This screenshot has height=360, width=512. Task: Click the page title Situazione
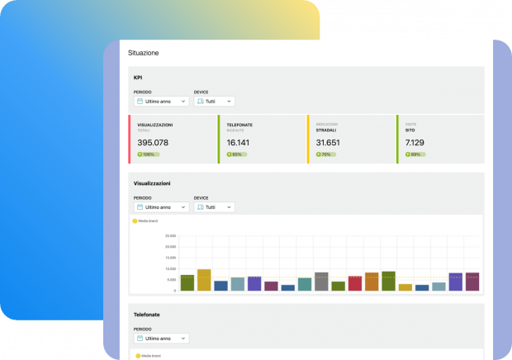coord(143,53)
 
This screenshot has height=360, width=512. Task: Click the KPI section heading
coord(139,78)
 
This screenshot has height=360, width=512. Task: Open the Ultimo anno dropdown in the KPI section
coord(161,102)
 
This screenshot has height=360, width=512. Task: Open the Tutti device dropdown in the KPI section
coord(214,102)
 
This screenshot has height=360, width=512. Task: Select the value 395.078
coord(153,142)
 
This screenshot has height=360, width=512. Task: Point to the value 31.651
coord(328,142)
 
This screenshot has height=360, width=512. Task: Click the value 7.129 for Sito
coord(415,142)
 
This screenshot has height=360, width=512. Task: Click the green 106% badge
coord(147,154)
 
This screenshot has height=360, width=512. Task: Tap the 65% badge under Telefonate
coord(235,154)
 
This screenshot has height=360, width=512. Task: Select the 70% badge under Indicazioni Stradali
coord(325,154)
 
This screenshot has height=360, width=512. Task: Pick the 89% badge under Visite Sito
coord(414,154)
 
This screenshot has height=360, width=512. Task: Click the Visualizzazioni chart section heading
coord(152,182)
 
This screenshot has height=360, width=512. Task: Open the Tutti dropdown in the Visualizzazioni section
coord(214,207)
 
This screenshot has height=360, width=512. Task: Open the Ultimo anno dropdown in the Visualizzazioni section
coord(161,207)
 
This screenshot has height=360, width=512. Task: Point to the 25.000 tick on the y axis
coord(170,236)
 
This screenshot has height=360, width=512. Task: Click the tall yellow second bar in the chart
coord(204,280)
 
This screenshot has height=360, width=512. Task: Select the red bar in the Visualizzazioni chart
coord(355,283)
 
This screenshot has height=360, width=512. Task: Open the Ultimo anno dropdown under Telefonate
coord(161,339)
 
